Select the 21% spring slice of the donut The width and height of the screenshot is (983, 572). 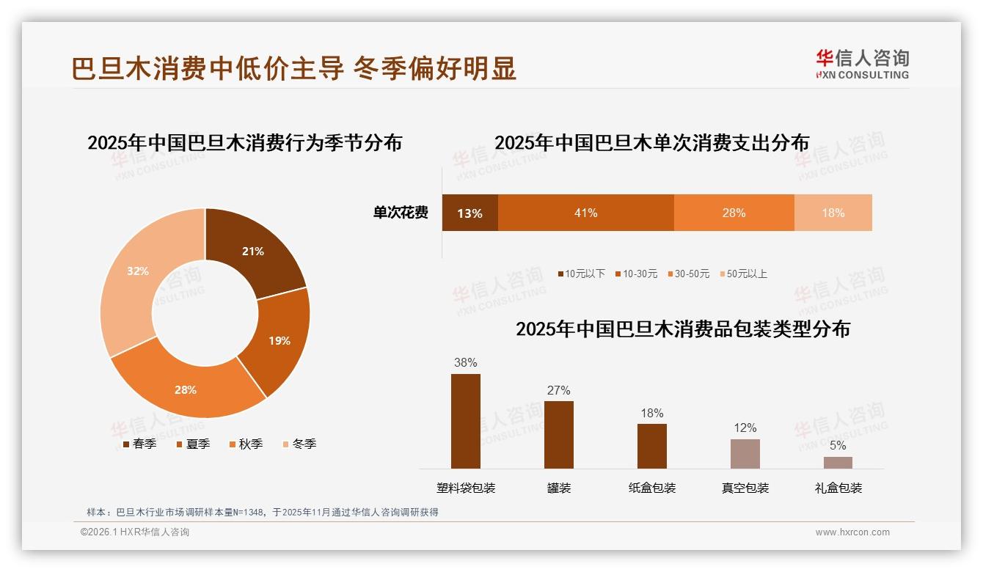coord(253,251)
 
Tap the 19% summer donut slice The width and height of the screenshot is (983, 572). coord(279,340)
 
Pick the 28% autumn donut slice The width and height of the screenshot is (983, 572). coord(186,389)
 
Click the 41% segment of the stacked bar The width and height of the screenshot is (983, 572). coord(585,213)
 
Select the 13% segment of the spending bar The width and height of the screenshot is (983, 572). coord(469,213)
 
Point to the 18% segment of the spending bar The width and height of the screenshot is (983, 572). coord(833,213)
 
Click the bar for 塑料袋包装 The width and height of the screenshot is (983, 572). coord(465,421)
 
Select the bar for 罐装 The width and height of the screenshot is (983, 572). coord(558,434)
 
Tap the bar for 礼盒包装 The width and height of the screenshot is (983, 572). coord(838,463)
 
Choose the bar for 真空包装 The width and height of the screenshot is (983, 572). coord(745,454)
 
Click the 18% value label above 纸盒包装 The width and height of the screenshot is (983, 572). coord(651,413)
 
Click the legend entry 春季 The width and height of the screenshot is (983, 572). coord(139,444)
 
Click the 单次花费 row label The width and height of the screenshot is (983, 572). coord(401,213)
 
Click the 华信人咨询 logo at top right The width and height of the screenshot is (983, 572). coord(862,64)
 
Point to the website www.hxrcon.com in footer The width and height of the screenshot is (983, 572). coord(852,532)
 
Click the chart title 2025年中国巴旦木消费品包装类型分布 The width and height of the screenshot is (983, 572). coord(682,329)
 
